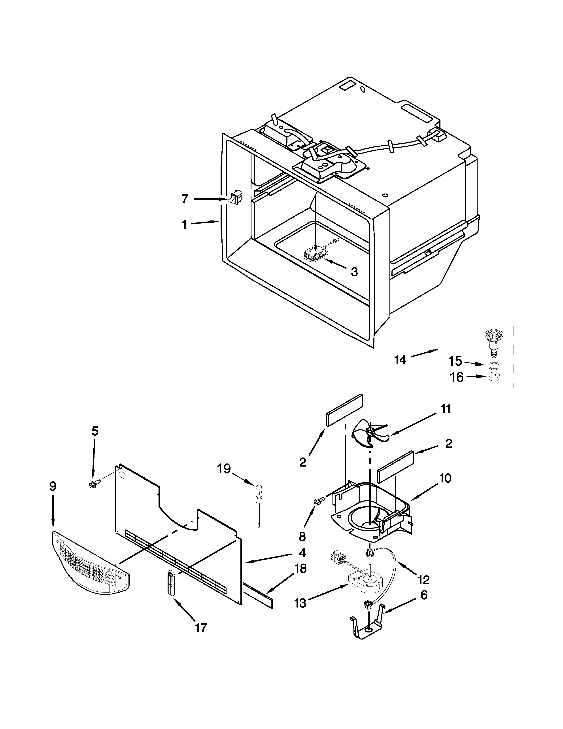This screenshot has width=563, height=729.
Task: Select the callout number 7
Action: [185, 199]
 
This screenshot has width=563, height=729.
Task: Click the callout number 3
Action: [354, 272]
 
